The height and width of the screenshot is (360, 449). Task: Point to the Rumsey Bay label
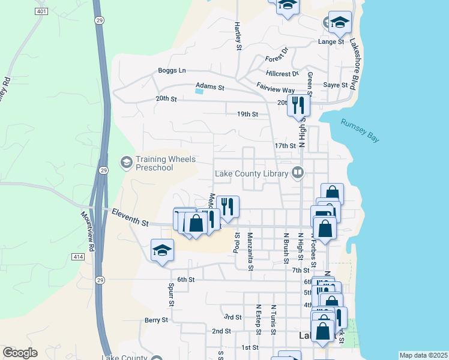coord(360,130)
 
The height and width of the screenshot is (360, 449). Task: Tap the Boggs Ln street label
coord(172,70)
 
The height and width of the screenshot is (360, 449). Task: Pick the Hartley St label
coord(238,35)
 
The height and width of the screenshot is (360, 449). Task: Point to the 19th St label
coord(247,114)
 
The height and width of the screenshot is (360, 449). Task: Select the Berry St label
coord(156,320)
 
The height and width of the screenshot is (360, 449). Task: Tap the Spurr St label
coord(171,295)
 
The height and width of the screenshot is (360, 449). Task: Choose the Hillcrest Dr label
coord(283,74)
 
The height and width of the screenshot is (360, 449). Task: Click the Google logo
coord(20,353)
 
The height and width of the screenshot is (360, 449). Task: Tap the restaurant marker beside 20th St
coord(298,105)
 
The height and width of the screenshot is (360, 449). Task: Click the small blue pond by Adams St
coord(199,91)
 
